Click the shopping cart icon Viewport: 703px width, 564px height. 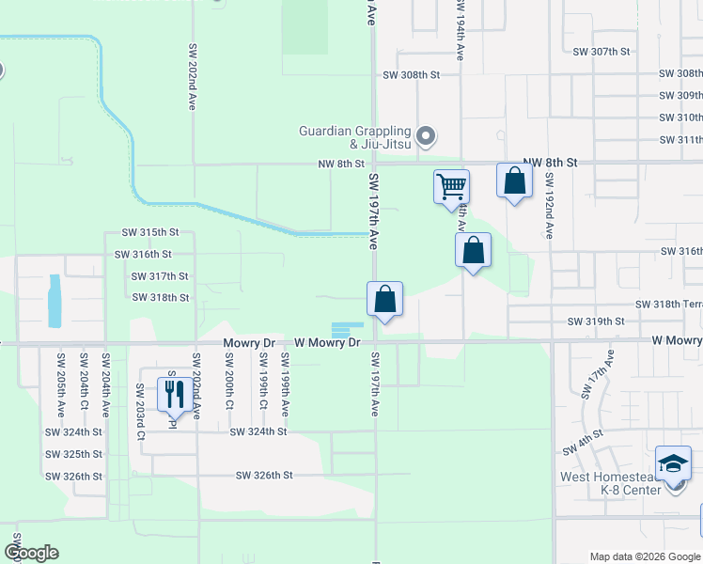452,186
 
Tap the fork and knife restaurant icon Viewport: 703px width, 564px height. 175,393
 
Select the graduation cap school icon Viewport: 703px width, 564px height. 674,462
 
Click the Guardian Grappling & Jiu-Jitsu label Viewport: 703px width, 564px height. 355,137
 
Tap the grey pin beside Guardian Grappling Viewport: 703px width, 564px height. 425,136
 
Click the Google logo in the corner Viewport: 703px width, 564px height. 31,553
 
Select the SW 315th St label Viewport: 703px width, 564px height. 150,232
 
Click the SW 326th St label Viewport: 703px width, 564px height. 265,476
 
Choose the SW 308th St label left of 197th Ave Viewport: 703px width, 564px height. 411,73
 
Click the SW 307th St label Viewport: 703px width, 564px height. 601,51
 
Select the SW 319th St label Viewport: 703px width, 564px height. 596,321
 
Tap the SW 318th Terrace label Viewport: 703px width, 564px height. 668,305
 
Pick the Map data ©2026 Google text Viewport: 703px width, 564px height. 644,556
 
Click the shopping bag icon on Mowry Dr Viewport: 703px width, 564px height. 384,300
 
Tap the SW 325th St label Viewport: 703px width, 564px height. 73,454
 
